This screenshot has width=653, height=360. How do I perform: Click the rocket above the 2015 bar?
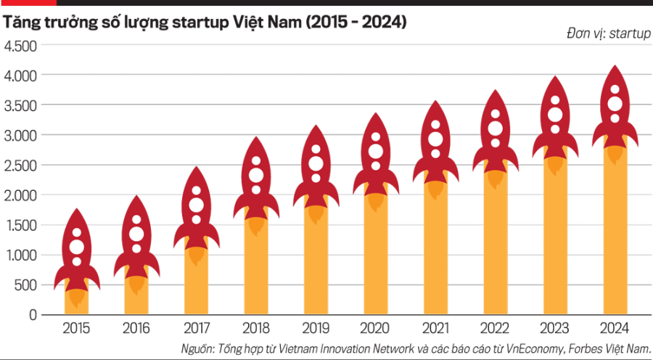tap(77, 250)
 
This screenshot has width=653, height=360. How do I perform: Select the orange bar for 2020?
tap(376, 261)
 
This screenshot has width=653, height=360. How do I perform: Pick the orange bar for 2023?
tap(555, 247)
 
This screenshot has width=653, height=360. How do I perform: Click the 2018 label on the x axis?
tap(256, 327)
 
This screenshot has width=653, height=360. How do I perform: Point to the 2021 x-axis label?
tap(435, 327)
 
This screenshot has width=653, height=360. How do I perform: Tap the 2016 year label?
tap(136, 327)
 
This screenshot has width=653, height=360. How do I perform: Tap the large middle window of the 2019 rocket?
tap(316, 163)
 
